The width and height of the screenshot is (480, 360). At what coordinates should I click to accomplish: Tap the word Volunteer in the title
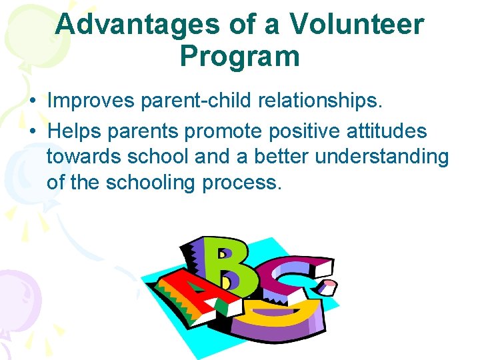pyautogui.click(x=357, y=25)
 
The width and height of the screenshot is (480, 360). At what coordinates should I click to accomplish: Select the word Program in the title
pyautogui.click(x=239, y=57)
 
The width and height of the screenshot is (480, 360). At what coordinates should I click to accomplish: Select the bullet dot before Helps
pyautogui.click(x=32, y=131)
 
